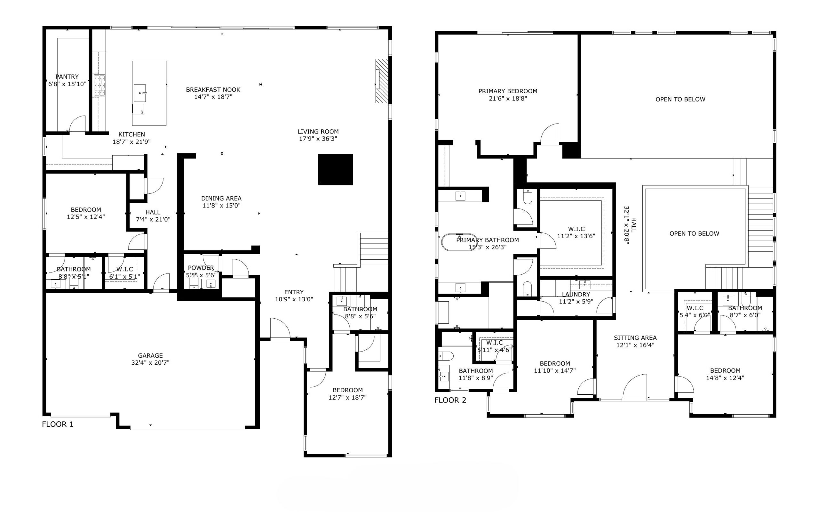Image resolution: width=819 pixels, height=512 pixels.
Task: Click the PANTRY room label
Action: pyautogui.click(x=67, y=77)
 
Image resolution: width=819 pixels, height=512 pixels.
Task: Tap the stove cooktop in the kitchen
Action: pyautogui.click(x=99, y=86)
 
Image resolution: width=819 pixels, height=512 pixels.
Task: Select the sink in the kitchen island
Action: pyautogui.click(x=140, y=93)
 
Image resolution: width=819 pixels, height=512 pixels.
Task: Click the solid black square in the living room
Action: pyautogui.click(x=335, y=170)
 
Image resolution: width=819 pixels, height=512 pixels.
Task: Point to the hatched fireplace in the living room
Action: pyautogui.click(x=382, y=81)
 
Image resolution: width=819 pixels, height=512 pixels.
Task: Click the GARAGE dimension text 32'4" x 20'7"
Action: pyautogui.click(x=150, y=363)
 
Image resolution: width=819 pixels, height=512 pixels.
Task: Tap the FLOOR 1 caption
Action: pyautogui.click(x=58, y=424)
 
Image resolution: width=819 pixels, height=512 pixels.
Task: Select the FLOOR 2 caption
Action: pyautogui.click(x=450, y=400)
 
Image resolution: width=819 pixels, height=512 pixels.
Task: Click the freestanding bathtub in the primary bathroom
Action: pyautogui.click(x=459, y=242)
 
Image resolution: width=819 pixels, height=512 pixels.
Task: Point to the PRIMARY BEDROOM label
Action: pyautogui.click(x=508, y=91)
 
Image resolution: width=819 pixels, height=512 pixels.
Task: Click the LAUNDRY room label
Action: pyautogui.click(x=576, y=295)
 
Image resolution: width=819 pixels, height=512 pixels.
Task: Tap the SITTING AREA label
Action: pyautogui.click(x=635, y=337)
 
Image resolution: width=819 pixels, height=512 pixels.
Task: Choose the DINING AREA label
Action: pyautogui.click(x=221, y=199)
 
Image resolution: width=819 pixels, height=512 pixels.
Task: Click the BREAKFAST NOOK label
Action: pyautogui.click(x=213, y=90)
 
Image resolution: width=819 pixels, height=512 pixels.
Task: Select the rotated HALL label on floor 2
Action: pyautogui.click(x=633, y=225)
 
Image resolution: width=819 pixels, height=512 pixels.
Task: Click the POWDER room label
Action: pyautogui.click(x=201, y=268)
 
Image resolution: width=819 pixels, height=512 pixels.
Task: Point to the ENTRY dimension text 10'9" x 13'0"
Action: pyautogui.click(x=294, y=299)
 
